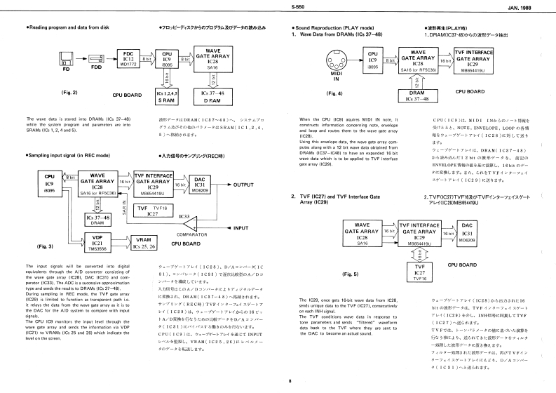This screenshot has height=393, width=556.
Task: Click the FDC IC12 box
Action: tap(128, 57)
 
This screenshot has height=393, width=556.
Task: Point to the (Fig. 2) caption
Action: tap(69, 93)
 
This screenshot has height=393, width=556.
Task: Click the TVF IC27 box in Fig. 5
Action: tap(421, 271)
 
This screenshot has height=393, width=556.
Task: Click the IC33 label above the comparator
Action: tap(185, 215)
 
